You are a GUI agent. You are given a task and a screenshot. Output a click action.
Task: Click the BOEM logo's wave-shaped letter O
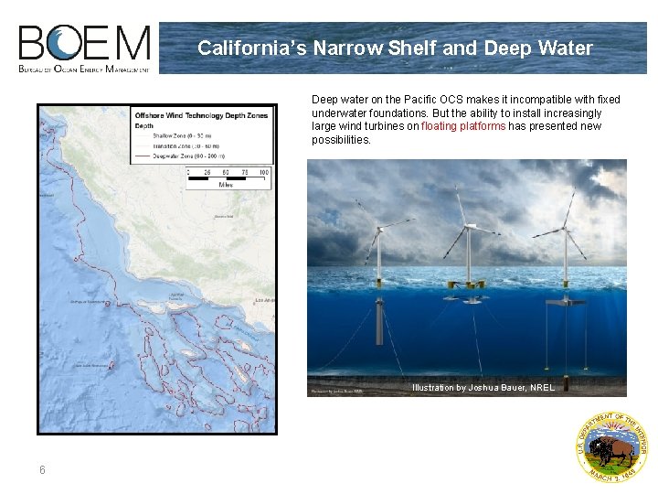click(x=66, y=43)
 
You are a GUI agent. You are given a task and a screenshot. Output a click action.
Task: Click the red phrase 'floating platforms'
click(x=463, y=126)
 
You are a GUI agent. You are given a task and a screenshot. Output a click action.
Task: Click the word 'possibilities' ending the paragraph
click(x=341, y=140)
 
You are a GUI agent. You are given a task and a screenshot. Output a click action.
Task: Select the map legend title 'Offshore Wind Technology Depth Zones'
click(x=202, y=116)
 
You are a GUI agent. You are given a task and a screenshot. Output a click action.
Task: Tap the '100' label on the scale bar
click(x=263, y=171)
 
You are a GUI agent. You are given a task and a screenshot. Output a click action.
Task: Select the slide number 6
click(x=42, y=470)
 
